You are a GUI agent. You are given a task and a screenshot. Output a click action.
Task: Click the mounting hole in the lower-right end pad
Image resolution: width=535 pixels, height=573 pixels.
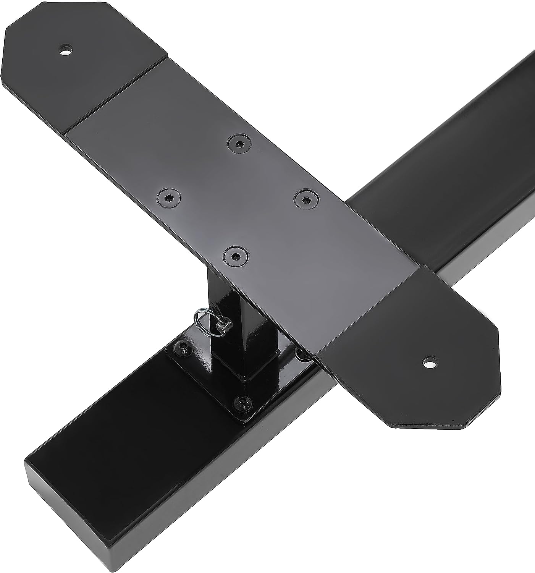point(430,362)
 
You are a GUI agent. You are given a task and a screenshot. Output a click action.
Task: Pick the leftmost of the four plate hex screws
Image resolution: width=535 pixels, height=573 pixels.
point(168,198)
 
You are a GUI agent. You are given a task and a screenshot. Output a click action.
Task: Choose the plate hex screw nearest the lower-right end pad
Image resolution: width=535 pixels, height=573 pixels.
point(306,199)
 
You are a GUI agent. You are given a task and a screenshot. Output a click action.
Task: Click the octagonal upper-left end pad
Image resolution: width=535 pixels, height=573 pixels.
point(76,57)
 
